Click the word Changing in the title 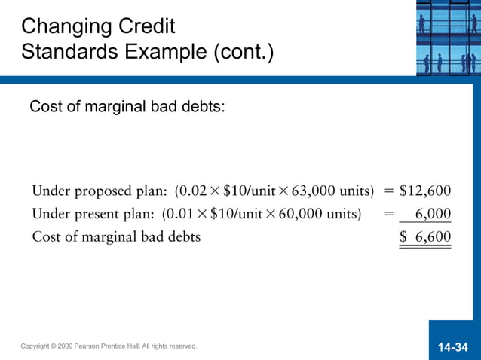coord(65,28)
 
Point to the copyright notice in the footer coord(109,346)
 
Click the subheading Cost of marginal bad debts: coord(127,107)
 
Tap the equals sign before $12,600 coord(390,190)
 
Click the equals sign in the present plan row coord(389,214)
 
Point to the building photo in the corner coord(448,38)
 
